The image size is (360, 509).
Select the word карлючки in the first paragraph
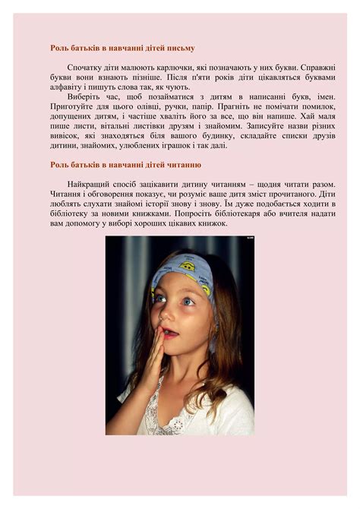155,68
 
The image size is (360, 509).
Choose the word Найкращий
90,185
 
